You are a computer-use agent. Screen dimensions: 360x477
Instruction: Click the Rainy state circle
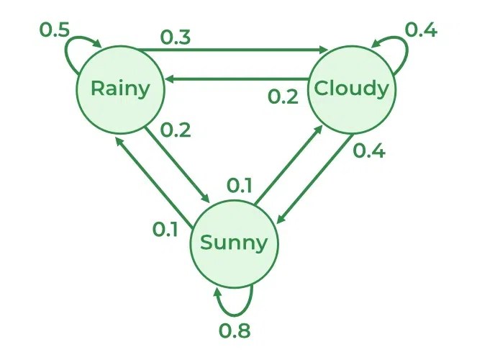120,89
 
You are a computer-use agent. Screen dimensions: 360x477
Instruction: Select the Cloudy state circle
351,89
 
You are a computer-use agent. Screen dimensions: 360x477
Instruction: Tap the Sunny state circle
234,243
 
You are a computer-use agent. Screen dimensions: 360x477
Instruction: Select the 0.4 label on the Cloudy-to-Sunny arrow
370,152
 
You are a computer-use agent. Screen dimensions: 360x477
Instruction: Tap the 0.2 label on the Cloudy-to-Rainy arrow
283,96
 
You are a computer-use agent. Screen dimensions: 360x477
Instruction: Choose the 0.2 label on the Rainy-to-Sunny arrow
176,130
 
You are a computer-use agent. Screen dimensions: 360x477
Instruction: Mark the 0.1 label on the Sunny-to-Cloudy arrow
240,186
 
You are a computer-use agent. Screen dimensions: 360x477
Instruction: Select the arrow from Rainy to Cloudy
230,50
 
